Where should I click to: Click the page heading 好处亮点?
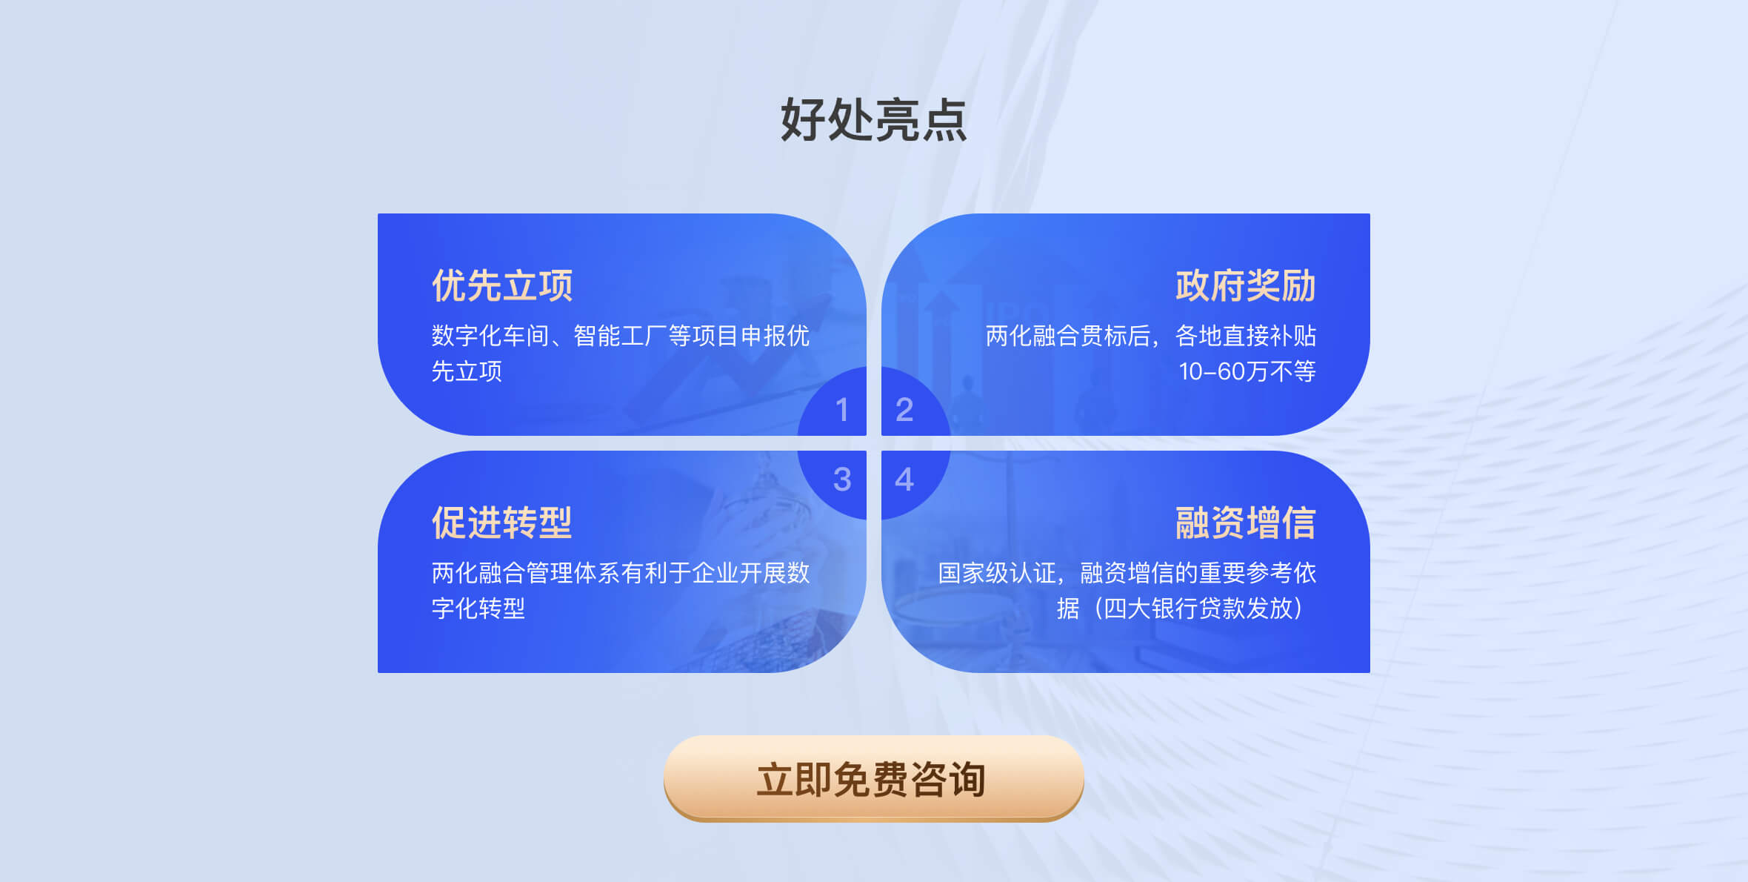(874, 119)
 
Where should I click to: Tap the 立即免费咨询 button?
(874, 778)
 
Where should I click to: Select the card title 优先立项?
(502, 285)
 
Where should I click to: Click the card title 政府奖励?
(1246, 285)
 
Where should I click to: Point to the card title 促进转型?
(502, 523)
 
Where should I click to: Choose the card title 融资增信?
(1246, 523)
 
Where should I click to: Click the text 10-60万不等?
(1247, 371)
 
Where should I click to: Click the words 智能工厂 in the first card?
(621, 336)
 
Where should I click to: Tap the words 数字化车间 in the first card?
(490, 336)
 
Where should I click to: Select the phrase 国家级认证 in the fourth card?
(997, 573)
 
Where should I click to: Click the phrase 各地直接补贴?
(1246, 336)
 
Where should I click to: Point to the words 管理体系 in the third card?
(573, 573)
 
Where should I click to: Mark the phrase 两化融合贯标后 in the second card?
(1068, 336)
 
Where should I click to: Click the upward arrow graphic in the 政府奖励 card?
(941, 326)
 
